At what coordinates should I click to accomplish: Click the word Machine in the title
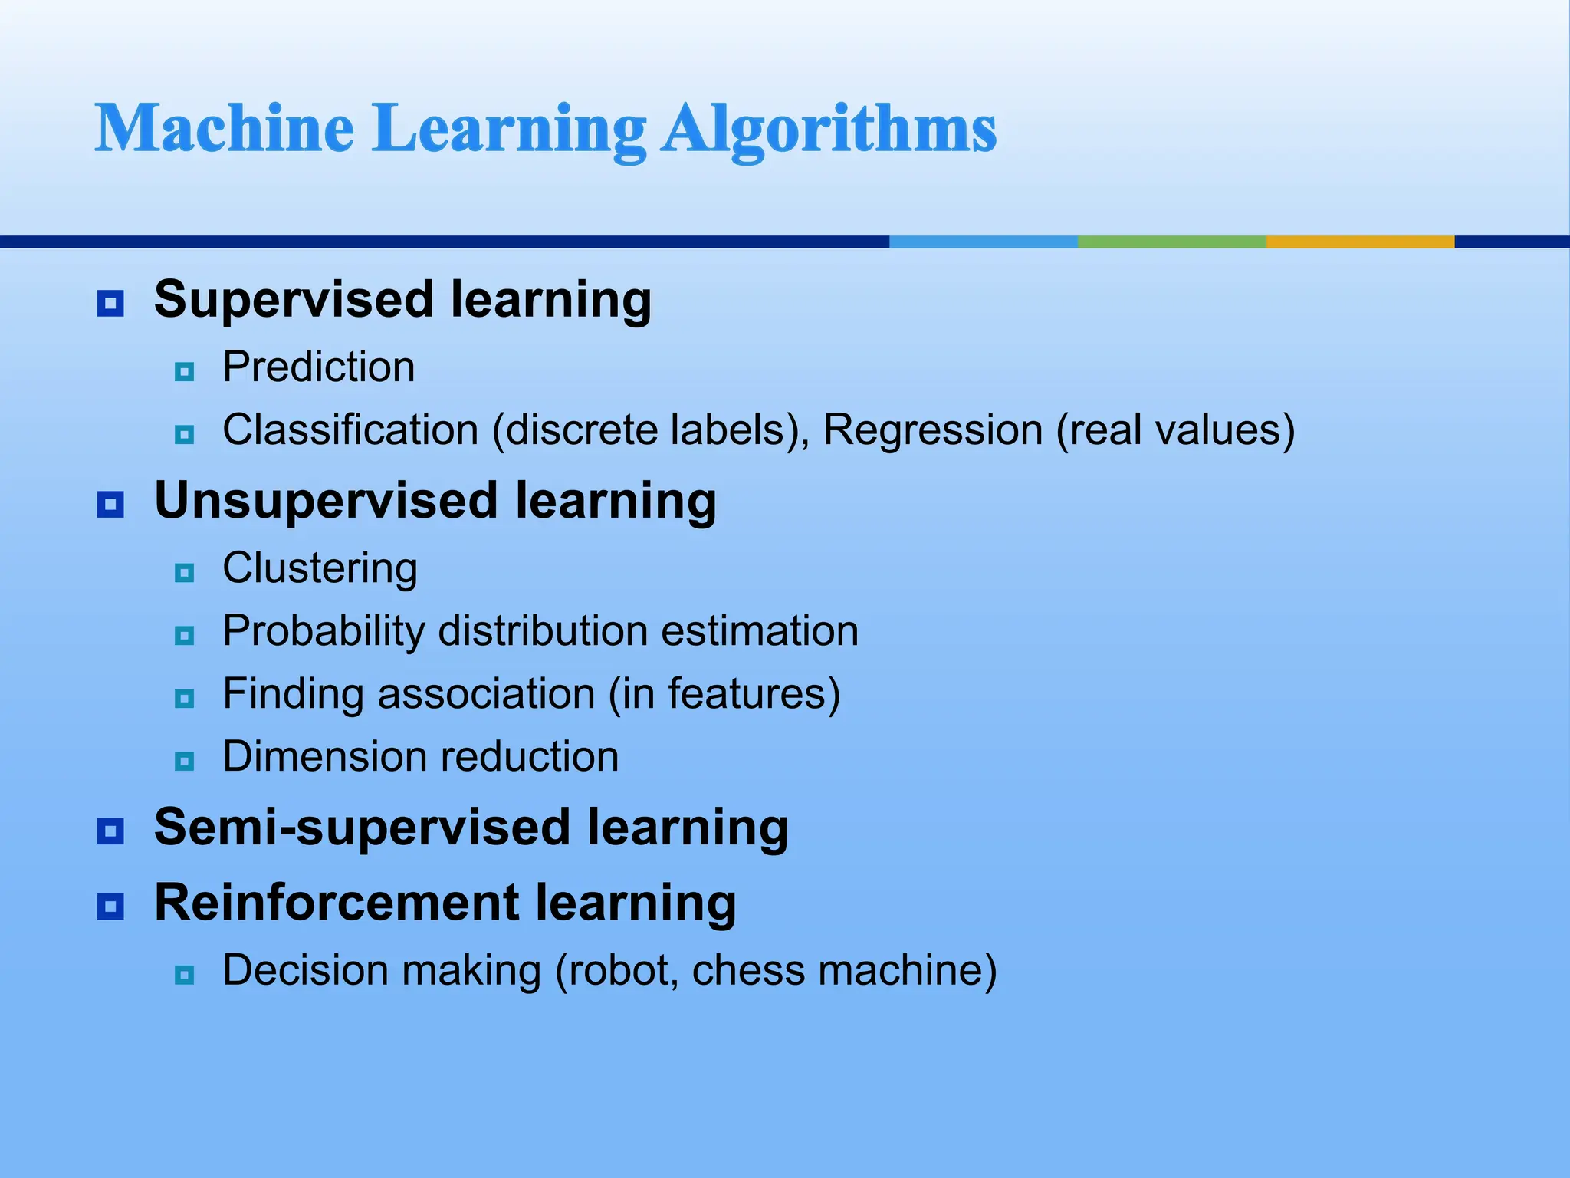pyautogui.click(x=224, y=128)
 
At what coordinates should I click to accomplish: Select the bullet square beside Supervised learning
pyautogui.click(x=110, y=304)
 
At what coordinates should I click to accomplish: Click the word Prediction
pyautogui.click(x=319, y=367)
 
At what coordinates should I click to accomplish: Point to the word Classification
pyautogui.click(x=350, y=429)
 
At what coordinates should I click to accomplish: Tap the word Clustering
pyautogui.click(x=320, y=569)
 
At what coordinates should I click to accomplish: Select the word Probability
pyautogui.click(x=324, y=632)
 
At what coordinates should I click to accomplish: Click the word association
pyautogui.click(x=486, y=694)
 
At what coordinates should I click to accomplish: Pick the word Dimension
pyautogui.click(x=313, y=757)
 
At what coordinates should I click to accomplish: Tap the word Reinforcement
pyautogui.click(x=337, y=903)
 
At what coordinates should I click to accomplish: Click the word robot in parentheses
pyautogui.click(x=622, y=970)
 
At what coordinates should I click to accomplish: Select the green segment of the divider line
pyautogui.click(x=1171, y=242)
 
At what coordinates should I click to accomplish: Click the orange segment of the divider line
pyautogui.click(x=1360, y=242)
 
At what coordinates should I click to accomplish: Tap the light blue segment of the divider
pyautogui.click(x=983, y=242)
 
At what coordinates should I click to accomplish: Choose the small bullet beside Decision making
pyautogui.click(x=185, y=975)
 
